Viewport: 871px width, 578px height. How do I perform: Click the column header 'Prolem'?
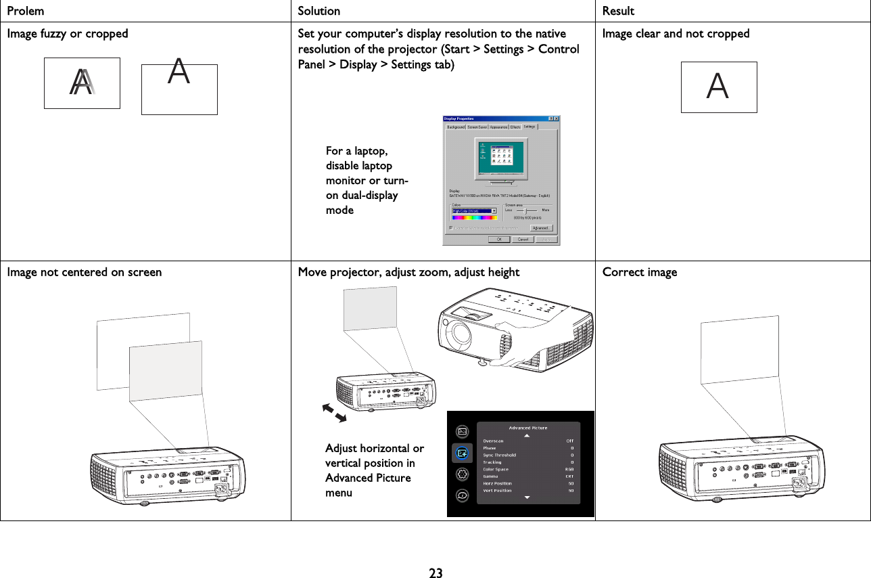26,11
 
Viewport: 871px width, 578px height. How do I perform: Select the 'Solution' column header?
319,11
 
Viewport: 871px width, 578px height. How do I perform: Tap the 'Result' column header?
618,11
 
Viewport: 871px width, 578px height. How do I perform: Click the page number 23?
436,573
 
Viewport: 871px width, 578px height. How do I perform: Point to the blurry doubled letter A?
83,83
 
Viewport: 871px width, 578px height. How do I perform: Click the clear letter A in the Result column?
717,87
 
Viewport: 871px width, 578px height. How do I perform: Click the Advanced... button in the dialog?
541,228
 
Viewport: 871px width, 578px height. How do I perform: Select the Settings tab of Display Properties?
529,127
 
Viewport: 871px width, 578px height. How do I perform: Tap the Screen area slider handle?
526,210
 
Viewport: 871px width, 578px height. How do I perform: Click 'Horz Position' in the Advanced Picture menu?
497,483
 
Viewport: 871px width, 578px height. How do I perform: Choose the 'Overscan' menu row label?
493,441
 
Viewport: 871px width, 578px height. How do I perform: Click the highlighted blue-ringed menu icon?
462,453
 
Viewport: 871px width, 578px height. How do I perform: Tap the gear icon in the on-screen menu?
463,474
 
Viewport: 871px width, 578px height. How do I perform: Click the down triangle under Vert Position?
527,497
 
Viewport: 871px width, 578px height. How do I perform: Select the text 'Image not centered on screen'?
85,272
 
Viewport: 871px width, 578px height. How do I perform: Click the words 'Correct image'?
639,272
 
